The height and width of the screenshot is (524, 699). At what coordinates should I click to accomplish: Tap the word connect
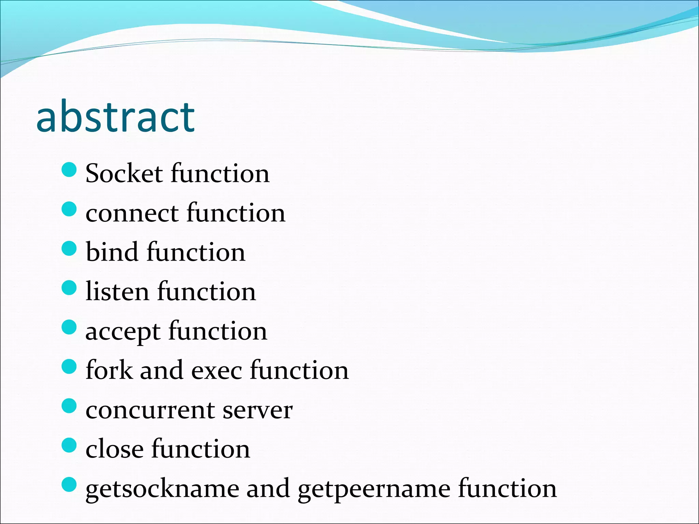(132, 213)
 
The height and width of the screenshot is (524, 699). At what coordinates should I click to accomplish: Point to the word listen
(117, 292)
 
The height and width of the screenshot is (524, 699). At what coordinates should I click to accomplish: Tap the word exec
(216, 371)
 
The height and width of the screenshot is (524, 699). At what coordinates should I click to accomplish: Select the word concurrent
(150, 410)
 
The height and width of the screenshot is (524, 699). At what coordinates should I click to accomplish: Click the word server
(258, 410)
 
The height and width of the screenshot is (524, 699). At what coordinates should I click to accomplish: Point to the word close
(114, 449)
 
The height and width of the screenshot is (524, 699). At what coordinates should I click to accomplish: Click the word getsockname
(162, 489)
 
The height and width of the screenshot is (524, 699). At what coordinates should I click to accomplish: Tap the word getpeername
(374, 489)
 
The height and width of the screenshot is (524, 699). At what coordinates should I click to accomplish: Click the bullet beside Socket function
(69, 170)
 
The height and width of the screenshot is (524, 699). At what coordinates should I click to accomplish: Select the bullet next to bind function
(69, 248)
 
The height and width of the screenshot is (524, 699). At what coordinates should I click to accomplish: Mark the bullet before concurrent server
(69, 406)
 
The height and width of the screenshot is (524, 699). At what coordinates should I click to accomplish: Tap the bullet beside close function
(69, 445)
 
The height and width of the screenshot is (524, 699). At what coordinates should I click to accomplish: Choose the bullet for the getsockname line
(69, 484)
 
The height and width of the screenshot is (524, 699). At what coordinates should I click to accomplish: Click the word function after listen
(206, 292)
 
